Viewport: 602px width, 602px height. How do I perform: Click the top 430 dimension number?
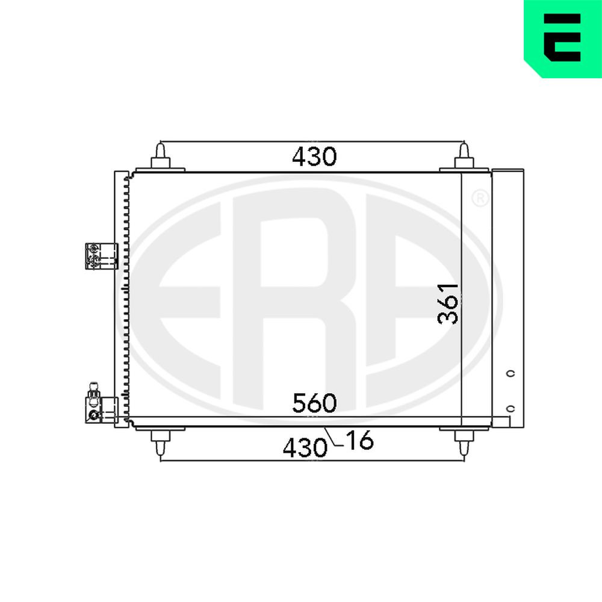pyautogui.click(x=314, y=157)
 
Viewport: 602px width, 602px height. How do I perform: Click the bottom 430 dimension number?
pyautogui.click(x=305, y=448)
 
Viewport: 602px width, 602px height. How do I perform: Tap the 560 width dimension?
pyautogui.click(x=314, y=403)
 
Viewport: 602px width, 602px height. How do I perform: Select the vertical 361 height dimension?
pyautogui.click(x=448, y=303)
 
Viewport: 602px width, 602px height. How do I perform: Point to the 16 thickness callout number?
pyautogui.click(x=359, y=440)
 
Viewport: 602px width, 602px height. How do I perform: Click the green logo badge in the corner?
pyautogui.click(x=563, y=39)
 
